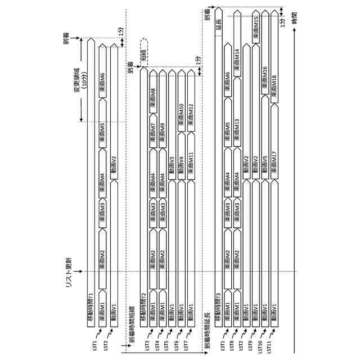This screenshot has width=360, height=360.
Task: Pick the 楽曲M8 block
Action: [153, 94]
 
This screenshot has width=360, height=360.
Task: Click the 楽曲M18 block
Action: [273, 84]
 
